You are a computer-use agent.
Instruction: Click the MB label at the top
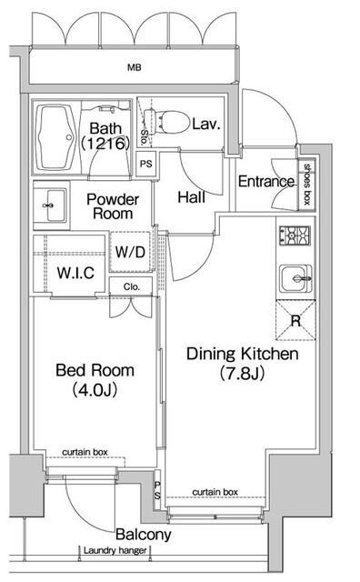135,67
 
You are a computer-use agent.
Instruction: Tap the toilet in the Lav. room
167,121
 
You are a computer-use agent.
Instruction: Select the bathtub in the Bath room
56,137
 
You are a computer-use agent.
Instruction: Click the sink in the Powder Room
52,206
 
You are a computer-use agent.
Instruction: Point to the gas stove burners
295,236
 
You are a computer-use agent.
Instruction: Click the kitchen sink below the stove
295,278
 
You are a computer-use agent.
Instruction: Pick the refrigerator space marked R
295,320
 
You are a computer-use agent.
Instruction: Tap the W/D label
130,252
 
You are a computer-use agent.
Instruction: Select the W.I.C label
75,273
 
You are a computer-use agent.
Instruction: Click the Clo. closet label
132,287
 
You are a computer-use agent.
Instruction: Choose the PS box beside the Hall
146,164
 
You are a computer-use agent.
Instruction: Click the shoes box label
307,184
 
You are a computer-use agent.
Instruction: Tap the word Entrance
266,182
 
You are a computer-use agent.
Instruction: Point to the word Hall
192,197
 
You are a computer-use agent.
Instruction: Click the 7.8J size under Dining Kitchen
242,374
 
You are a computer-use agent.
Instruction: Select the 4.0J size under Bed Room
95,390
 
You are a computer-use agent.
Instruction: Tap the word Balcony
144,535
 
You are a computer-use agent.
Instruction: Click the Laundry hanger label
115,550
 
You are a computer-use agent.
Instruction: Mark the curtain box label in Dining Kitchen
215,492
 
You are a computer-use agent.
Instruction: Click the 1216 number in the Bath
105,144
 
